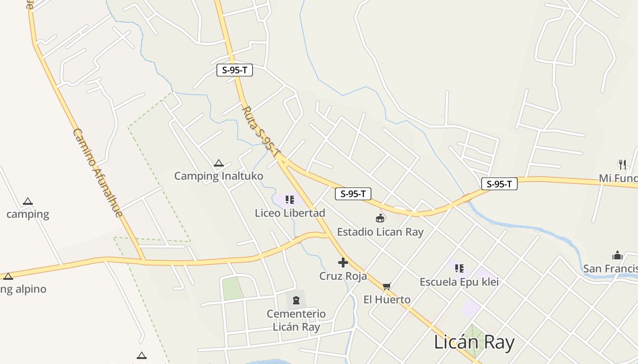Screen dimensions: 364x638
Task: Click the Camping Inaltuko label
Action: tap(218, 176)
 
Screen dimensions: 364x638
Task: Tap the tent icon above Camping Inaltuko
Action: tap(219, 163)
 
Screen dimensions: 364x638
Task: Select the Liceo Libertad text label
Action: tap(290, 213)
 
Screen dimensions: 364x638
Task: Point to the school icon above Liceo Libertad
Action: tap(289, 200)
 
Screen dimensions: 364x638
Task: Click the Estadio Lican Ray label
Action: tap(380, 232)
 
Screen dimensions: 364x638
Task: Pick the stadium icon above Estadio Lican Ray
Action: tap(380, 219)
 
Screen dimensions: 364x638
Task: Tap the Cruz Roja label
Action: tap(343, 276)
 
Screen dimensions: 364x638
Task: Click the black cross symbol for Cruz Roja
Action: tap(343, 263)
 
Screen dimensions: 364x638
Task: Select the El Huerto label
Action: tap(387, 299)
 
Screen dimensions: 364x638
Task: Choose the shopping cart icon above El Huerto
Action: tap(387, 286)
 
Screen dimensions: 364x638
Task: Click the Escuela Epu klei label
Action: tap(459, 282)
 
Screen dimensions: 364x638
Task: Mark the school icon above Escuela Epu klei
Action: tap(459, 268)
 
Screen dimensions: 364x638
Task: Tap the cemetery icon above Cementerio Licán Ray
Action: tap(296, 300)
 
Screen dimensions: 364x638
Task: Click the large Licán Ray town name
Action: tap(474, 342)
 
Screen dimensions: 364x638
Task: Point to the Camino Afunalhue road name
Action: tap(98, 173)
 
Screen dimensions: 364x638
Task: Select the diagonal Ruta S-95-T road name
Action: tap(261, 132)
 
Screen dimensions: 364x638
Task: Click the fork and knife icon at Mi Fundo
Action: tap(622, 164)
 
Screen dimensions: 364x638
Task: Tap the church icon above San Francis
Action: tap(617, 255)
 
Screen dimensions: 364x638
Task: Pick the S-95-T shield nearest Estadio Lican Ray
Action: tap(353, 194)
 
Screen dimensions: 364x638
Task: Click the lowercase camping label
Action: tap(28, 214)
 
